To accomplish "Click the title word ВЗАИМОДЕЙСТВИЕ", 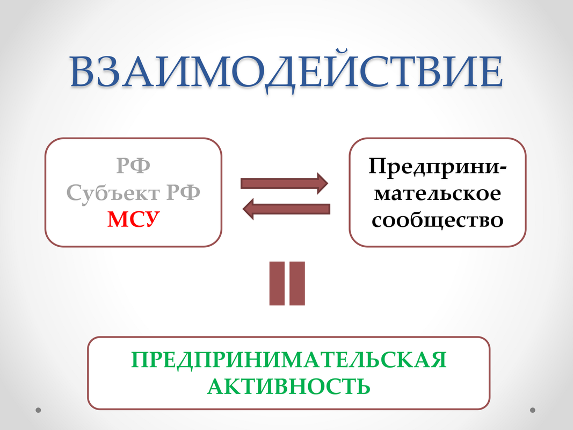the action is click(287, 71).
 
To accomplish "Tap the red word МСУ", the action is click(133, 219).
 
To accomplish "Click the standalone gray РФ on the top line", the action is click(133, 165).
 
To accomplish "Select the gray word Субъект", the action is click(113, 193).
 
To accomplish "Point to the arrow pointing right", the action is click(284, 183).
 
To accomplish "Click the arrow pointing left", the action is click(287, 209).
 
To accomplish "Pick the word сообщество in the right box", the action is click(438, 220).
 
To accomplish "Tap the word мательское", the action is click(438, 193).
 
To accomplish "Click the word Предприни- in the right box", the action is click(438, 167).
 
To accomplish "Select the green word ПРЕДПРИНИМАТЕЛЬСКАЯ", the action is click(289, 360).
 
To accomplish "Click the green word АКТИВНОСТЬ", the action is click(289, 386).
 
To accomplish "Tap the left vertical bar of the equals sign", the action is click(277, 283).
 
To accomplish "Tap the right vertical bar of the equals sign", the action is click(297, 283).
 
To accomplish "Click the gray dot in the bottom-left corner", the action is click(38, 410).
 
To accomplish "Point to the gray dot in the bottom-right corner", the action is click(532, 410).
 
